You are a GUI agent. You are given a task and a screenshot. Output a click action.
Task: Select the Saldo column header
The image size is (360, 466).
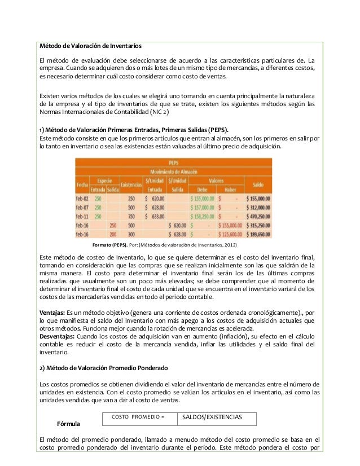pyautogui.click(x=258, y=184)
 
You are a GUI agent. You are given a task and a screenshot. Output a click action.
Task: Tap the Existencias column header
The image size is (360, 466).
pyautogui.click(x=131, y=184)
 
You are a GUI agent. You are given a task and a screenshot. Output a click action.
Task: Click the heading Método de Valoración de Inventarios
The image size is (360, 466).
pyautogui.click(x=90, y=45)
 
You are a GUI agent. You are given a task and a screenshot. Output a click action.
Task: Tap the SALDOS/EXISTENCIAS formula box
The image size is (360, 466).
pyautogui.click(x=217, y=417)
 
